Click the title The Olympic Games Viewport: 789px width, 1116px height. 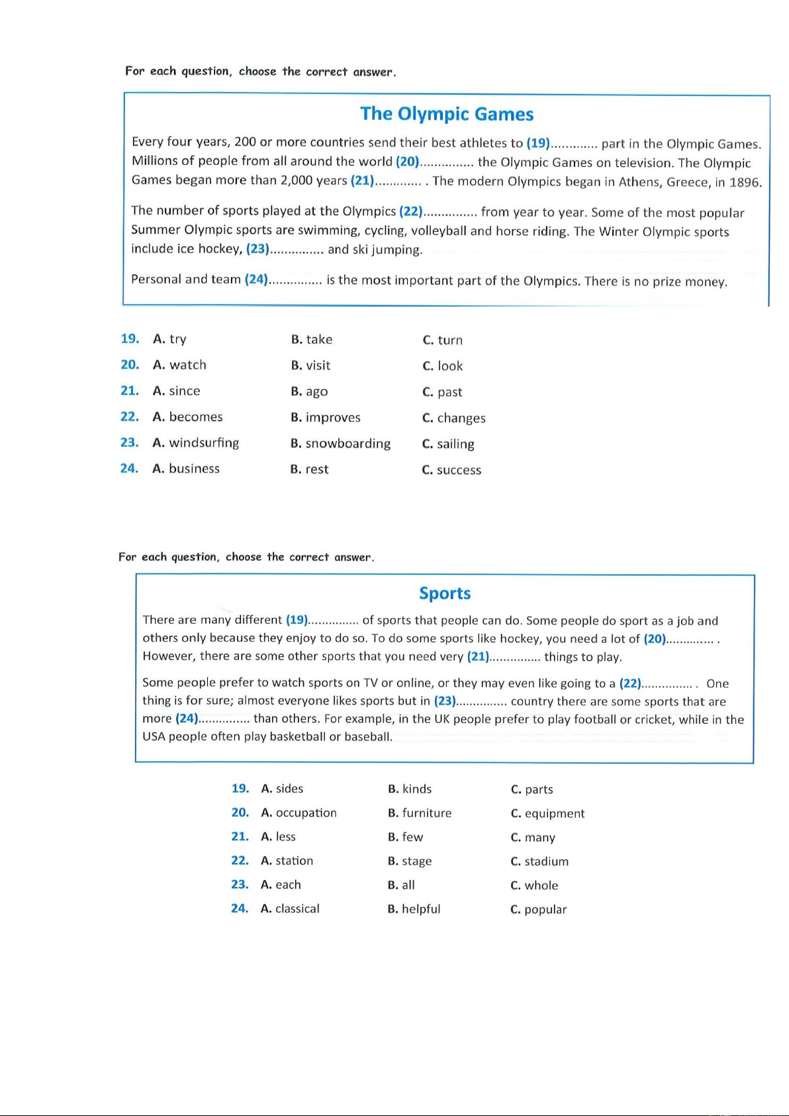pos(447,114)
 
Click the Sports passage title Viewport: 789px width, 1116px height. pos(445,593)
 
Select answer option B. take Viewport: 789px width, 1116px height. pos(312,340)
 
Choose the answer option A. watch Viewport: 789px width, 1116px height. pos(179,365)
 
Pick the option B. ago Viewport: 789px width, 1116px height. pos(309,391)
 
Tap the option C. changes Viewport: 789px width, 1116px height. pos(454,418)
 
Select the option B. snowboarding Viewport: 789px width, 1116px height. pos(340,444)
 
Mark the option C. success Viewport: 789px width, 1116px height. pos(451,470)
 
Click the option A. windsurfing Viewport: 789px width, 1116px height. pos(196,442)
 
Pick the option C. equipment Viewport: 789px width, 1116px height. pos(547,813)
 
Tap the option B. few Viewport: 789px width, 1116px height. pos(405,837)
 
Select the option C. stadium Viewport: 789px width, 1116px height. pos(539,862)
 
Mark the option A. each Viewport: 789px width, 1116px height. pos(281,885)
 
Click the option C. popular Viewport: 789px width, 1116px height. pos(538,909)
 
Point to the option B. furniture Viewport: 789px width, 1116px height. pos(420,813)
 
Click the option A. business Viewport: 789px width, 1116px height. pos(186,469)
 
